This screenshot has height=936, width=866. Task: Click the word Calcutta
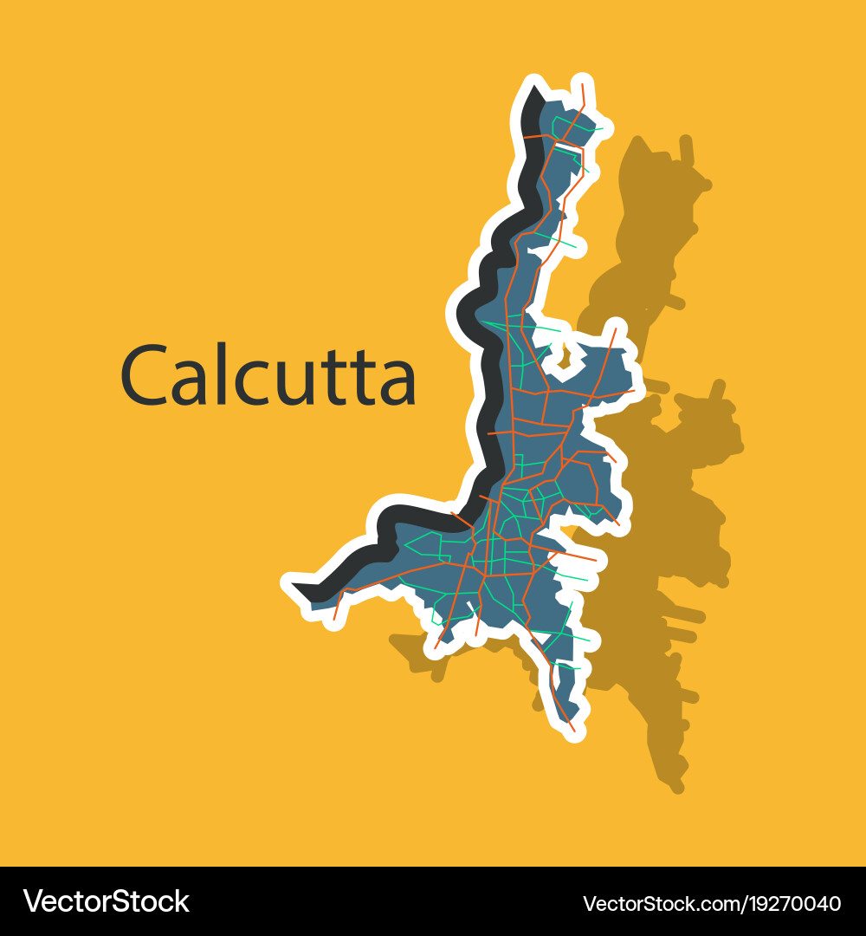click(268, 375)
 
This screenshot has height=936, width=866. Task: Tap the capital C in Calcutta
click(143, 375)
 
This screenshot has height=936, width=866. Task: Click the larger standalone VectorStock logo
click(106, 901)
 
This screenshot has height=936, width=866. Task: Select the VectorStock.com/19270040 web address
click(712, 904)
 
